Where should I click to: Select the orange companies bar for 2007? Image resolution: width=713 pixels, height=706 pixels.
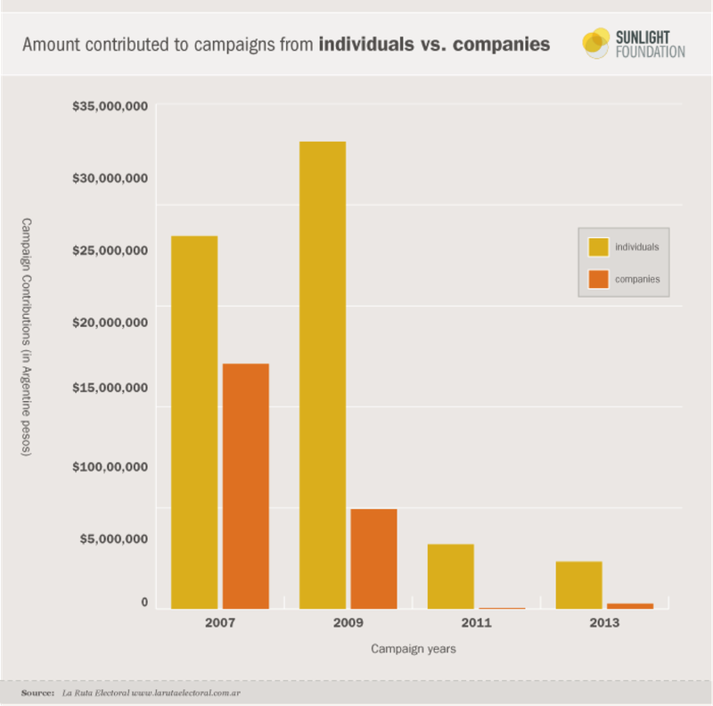[x=245, y=486]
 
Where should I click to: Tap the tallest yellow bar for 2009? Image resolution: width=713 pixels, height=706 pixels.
[x=322, y=374]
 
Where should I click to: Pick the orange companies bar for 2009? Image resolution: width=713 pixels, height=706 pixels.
[x=373, y=558]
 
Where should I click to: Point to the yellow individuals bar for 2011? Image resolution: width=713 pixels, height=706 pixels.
[x=450, y=576]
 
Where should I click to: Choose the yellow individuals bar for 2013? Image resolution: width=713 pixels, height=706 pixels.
[x=578, y=585]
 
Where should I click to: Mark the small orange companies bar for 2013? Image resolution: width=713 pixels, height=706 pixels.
[x=630, y=606]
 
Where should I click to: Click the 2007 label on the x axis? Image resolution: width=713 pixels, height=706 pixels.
[x=219, y=623]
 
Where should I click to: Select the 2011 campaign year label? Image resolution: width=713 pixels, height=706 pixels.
[x=477, y=623]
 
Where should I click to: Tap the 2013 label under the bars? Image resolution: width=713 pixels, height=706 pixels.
[x=605, y=623]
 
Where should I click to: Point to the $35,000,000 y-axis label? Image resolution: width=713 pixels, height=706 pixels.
[x=110, y=107]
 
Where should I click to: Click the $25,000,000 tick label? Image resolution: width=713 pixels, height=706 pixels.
[x=110, y=251]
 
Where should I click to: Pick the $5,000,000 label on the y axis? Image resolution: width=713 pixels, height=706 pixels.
[x=110, y=538]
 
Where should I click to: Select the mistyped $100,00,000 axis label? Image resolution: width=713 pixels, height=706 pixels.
[x=110, y=466]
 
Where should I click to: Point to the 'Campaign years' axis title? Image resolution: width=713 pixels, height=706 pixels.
[x=413, y=649]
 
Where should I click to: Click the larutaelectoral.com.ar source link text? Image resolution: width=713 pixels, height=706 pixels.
[x=187, y=693]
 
